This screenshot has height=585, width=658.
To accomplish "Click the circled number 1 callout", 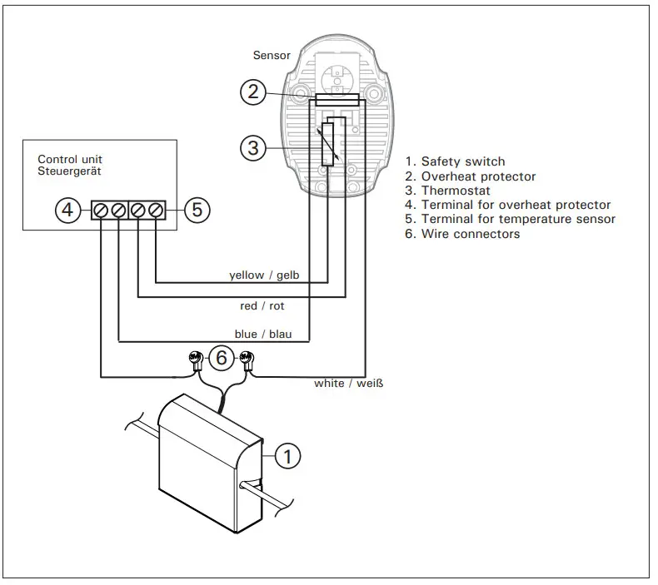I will click(287, 455).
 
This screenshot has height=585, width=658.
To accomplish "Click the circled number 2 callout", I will click(254, 92).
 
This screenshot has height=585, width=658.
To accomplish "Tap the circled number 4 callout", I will click(69, 210).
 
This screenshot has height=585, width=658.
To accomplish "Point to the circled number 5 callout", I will click(196, 210).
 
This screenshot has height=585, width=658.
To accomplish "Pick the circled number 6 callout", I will click(221, 358).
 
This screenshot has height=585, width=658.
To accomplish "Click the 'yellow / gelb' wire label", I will click(257, 275).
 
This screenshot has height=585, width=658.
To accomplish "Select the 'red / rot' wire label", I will click(262, 306).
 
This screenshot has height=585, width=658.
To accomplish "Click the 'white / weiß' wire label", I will click(348, 384).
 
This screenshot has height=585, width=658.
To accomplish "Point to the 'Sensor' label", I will click(272, 56).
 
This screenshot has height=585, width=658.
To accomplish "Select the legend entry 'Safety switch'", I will click(462, 161).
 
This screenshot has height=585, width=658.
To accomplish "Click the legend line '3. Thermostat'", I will click(449, 191).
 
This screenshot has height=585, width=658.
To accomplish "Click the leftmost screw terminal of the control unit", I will click(101, 210).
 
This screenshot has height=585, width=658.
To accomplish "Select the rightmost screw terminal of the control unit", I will click(155, 210).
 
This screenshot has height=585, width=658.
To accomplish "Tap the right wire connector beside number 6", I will click(246, 360).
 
